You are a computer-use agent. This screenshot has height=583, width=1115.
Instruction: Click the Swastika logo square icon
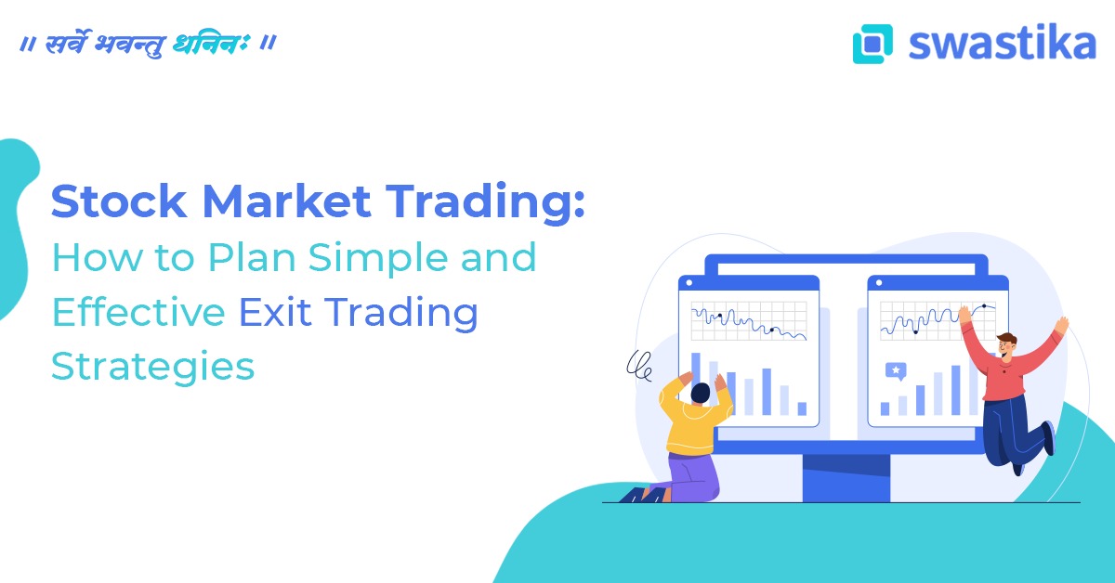(872, 44)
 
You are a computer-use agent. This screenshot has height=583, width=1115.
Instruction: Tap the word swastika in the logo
(1002, 43)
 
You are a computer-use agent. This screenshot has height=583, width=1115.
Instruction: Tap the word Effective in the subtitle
(138, 312)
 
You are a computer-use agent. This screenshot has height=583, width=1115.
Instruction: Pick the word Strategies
(152, 367)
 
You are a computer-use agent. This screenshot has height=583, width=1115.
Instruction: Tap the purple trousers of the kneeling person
(692, 477)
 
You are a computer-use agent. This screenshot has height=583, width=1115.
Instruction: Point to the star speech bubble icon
(896, 370)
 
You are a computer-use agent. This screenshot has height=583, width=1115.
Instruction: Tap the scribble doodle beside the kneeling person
(638, 365)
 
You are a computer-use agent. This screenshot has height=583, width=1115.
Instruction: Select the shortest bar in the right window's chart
(885, 408)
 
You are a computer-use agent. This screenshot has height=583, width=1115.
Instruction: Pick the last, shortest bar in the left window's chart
(802, 408)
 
